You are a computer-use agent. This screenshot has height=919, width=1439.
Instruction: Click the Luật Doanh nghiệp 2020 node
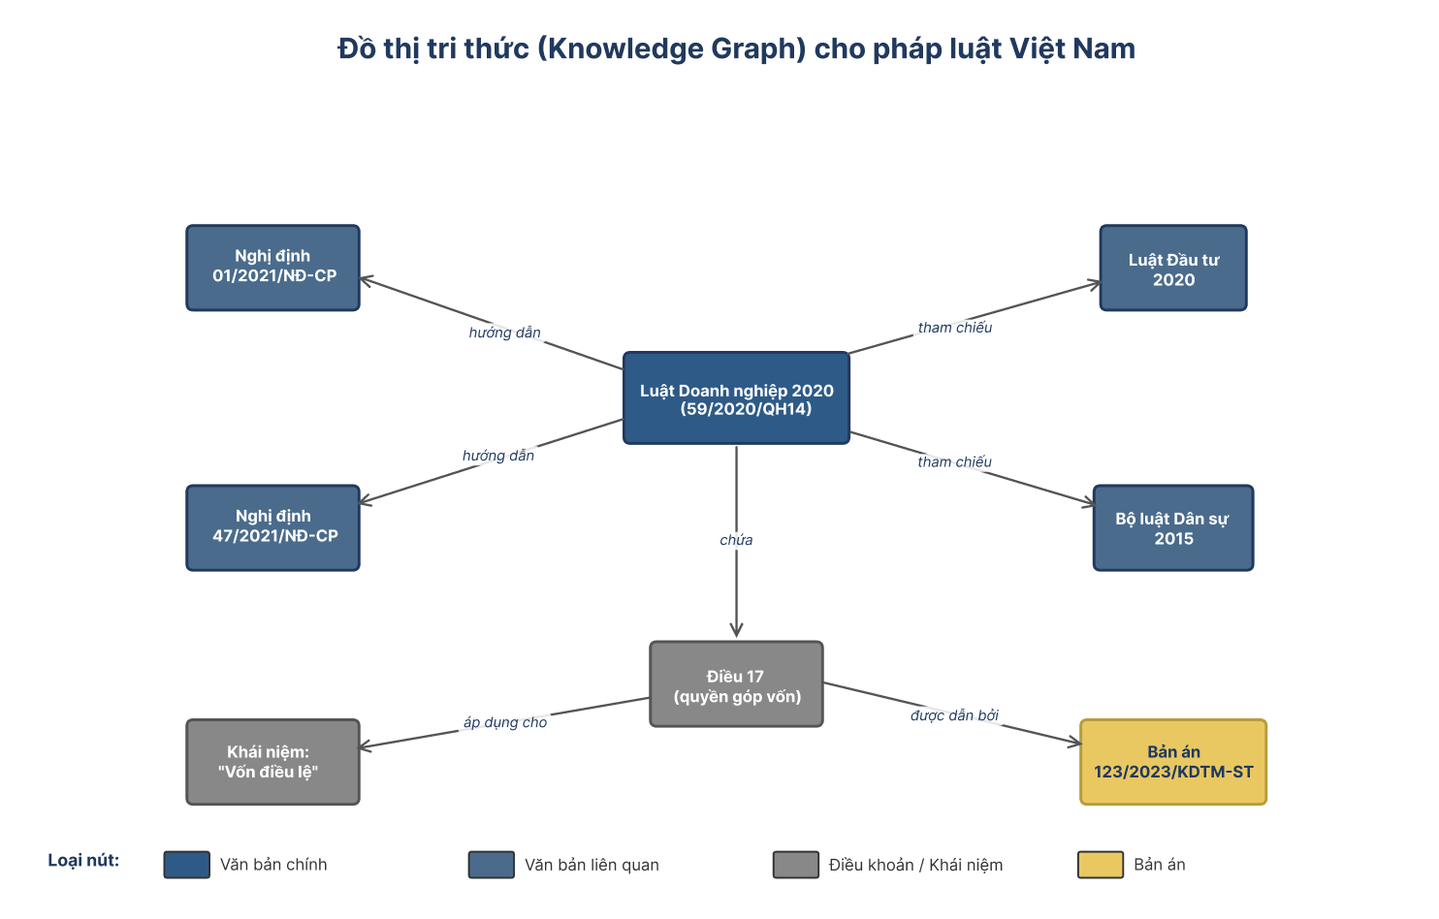pos(736,398)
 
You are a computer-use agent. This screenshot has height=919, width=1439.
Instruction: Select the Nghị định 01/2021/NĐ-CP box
pos(273,268)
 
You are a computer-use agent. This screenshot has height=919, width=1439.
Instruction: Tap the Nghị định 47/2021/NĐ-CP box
pos(273,528)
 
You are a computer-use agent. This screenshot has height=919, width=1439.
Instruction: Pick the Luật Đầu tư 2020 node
pos(1173,268)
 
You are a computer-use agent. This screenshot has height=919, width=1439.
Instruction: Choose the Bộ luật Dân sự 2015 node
pos(1173,528)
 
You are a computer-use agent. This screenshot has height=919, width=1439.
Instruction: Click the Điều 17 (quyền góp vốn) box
pos(736,684)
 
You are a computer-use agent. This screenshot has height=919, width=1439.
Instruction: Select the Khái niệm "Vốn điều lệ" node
pos(273,762)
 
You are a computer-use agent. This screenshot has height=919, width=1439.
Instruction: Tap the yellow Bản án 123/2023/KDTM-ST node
pos(1173,762)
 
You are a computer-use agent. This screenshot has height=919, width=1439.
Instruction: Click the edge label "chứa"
pos(736,540)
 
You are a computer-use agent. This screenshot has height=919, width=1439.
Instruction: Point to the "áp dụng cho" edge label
pos(505,722)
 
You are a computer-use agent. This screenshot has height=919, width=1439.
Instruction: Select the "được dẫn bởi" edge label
pos(954,715)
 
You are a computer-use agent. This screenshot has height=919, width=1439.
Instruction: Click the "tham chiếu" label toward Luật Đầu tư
pos(954,328)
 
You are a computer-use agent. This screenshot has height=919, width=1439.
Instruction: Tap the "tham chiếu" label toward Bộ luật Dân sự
pos(954,461)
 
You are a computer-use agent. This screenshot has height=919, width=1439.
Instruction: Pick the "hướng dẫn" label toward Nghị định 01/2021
pos(505,333)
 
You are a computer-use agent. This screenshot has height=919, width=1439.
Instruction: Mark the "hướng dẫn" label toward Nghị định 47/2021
pos(498,456)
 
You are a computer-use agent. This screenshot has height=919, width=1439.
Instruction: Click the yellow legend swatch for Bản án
pos(1101,865)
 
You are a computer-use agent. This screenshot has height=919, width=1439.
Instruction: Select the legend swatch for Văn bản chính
pos(187,865)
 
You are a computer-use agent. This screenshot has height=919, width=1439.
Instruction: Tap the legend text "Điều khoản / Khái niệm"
pos(915,865)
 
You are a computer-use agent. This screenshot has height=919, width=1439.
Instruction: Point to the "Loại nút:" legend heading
pos(83,861)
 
